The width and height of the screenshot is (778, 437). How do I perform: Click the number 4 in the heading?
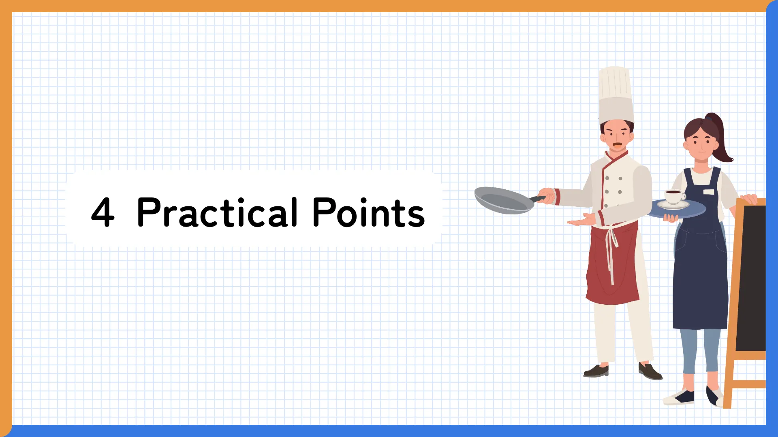coord(103,212)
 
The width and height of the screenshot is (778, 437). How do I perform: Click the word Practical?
coord(218,212)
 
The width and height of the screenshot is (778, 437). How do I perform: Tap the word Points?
coord(368,212)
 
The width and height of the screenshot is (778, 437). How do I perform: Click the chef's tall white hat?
coord(616,95)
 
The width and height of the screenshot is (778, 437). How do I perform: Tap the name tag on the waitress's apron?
coord(709,192)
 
